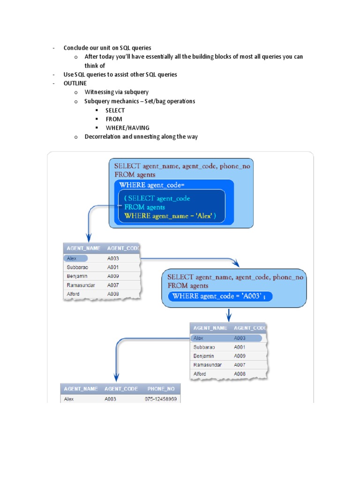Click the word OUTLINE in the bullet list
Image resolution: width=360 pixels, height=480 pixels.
(x=75, y=83)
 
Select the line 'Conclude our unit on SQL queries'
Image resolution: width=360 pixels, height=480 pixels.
(x=107, y=48)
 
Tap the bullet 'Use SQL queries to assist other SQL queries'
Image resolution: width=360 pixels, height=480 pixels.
(x=120, y=75)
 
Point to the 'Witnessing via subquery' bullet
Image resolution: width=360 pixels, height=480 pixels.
(x=116, y=92)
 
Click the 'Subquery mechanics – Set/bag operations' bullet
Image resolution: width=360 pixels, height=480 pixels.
(x=140, y=101)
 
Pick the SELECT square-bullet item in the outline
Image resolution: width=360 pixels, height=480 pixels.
(x=115, y=110)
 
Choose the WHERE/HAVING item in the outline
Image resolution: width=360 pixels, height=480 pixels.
(x=127, y=127)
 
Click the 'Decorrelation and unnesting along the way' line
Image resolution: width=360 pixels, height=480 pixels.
(x=141, y=136)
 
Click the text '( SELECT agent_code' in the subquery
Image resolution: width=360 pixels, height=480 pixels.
(x=157, y=198)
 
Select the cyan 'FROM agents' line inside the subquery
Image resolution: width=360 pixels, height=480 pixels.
(x=144, y=207)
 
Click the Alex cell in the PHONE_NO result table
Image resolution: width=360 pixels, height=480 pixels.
(x=69, y=399)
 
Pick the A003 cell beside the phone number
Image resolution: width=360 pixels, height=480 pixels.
(x=111, y=399)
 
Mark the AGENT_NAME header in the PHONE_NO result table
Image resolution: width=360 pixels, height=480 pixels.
(x=81, y=389)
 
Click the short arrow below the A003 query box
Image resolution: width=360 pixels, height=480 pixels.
(x=228, y=315)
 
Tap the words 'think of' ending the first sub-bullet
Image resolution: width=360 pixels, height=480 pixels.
(x=95, y=66)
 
